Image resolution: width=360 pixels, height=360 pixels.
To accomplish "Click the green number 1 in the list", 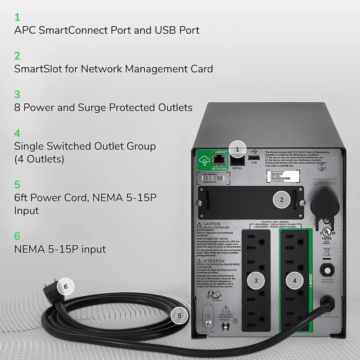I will (17, 17).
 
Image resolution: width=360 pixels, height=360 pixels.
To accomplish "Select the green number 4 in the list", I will (17, 133).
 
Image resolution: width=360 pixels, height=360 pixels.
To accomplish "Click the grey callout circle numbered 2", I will (282, 200).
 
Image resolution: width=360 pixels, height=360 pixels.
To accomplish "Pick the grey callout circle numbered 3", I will (256, 281).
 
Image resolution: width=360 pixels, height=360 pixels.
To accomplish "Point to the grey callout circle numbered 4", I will (295, 281).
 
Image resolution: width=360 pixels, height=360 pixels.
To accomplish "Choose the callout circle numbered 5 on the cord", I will (180, 316).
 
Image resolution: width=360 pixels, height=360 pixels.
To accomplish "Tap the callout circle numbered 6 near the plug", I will (66, 286).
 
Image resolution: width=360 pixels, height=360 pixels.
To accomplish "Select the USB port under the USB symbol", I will (254, 158).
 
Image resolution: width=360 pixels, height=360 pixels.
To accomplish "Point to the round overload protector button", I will (327, 269).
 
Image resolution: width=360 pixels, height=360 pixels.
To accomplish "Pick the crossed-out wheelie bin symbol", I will (327, 252).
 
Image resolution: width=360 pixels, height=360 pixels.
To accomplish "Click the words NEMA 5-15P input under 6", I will (60, 249).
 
